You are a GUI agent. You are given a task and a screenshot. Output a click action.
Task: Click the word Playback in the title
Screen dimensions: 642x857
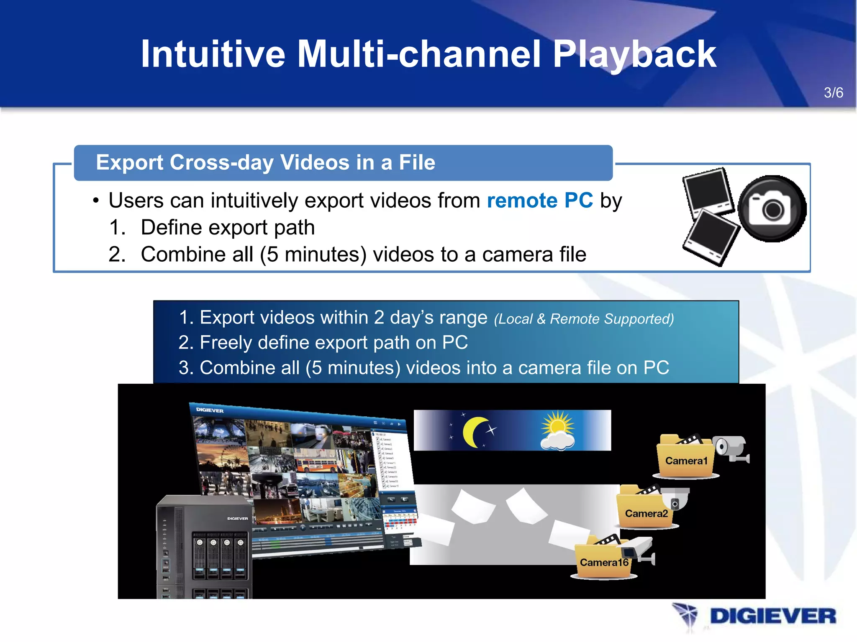click(x=634, y=54)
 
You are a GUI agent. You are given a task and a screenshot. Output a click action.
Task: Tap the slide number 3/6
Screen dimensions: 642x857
click(x=833, y=93)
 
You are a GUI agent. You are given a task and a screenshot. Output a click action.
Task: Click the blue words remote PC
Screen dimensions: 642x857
click(x=539, y=200)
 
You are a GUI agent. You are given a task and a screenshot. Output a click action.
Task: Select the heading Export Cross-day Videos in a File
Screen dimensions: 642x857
click(x=265, y=162)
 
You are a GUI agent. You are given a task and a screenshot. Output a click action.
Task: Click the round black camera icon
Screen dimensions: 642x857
click(x=772, y=208)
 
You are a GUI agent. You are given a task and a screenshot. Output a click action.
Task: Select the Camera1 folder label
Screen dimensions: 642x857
click(x=686, y=461)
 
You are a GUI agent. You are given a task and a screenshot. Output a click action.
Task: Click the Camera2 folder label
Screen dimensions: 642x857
click(x=646, y=513)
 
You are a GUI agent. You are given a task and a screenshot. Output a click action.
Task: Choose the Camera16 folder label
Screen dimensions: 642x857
click(x=604, y=562)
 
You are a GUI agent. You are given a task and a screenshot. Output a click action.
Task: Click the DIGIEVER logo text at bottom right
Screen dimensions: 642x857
click(x=772, y=617)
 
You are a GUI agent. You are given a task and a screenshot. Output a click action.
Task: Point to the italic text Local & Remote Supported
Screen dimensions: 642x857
click(x=584, y=319)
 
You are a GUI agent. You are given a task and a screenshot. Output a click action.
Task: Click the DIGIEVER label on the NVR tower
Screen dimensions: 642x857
click(x=237, y=519)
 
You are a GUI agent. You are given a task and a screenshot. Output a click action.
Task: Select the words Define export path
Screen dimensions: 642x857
click(x=227, y=228)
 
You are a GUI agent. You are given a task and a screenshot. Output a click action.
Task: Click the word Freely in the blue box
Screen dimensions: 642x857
click(x=226, y=343)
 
